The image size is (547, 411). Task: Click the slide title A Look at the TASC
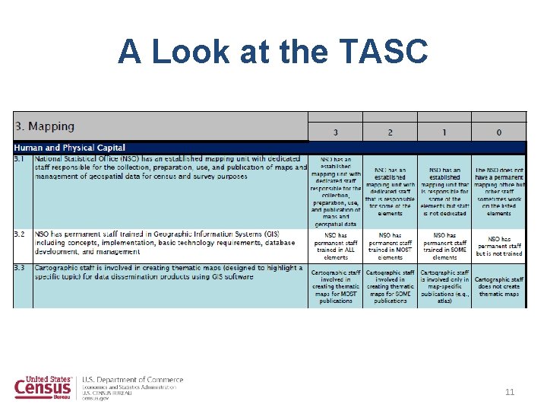[x=273, y=52]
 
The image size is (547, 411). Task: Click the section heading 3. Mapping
[x=45, y=126]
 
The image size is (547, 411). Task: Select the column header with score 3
[x=335, y=132]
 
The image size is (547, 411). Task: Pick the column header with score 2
[x=390, y=132]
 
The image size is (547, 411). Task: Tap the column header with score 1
[x=444, y=132]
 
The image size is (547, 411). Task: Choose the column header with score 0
[x=498, y=132]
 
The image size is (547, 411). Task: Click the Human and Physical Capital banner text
[x=70, y=147]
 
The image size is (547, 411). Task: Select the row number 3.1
[x=22, y=158]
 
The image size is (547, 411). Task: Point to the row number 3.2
[x=22, y=234]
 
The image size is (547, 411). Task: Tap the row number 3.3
[x=22, y=268]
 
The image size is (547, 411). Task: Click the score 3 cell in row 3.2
[x=335, y=246]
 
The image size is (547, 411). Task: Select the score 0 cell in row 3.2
[x=498, y=246]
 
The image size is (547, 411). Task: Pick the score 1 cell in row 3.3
[x=444, y=285]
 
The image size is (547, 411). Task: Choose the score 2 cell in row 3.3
[x=390, y=285]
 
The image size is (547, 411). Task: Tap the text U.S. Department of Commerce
[x=132, y=379]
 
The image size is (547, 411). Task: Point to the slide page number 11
[x=510, y=392]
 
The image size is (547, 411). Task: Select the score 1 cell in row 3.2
[x=444, y=246]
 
